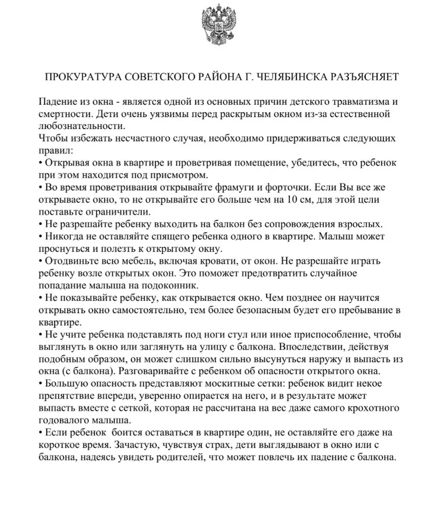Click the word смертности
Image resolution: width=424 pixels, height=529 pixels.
coord(63,113)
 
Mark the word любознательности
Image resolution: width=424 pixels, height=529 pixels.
coord(82,126)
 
